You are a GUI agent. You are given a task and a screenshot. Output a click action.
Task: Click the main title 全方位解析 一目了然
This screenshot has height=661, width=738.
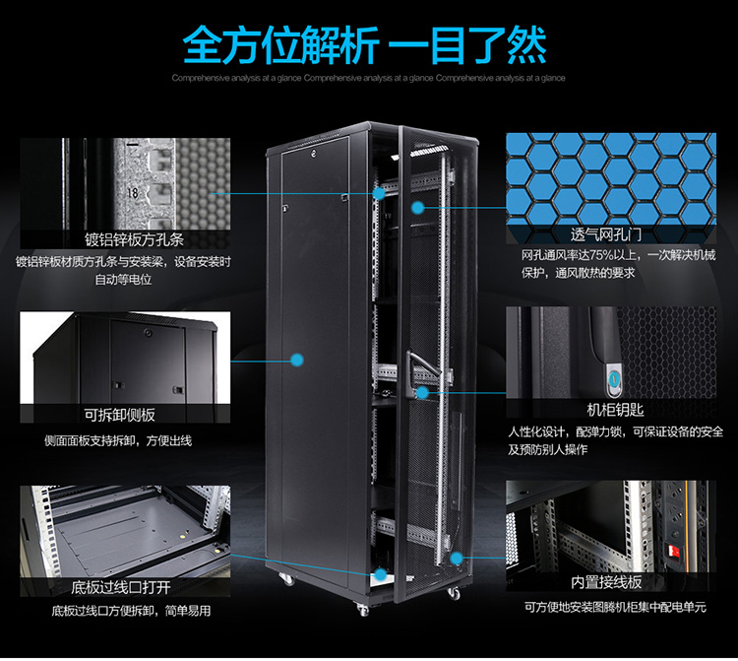(365, 45)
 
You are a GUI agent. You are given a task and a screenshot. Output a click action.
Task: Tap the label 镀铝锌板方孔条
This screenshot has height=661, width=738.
(134, 239)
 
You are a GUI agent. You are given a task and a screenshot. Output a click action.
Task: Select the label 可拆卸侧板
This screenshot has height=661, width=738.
(119, 415)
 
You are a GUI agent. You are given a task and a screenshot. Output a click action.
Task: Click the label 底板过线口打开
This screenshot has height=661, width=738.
(120, 587)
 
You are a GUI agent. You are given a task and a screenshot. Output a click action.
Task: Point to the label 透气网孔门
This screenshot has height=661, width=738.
(606, 234)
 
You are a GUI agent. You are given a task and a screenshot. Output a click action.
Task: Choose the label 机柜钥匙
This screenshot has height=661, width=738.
(615, 410)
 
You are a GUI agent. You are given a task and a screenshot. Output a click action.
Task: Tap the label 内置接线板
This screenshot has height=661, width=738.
(606, 583)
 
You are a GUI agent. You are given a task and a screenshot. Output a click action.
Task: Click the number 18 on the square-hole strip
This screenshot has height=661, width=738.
(132, 193)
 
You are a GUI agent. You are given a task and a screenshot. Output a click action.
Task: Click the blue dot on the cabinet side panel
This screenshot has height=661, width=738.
(296, 361)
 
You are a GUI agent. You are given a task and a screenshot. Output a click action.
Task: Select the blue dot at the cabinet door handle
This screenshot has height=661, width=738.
(422, 392)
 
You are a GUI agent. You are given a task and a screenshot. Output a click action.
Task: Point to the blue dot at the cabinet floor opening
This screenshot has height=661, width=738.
(380, 574)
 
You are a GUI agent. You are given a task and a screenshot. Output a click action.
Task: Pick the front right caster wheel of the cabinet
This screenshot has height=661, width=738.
(454, 593)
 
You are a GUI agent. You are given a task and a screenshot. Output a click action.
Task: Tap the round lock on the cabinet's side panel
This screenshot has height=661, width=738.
(314, 152)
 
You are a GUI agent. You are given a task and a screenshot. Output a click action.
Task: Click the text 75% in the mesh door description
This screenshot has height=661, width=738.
(601, 255)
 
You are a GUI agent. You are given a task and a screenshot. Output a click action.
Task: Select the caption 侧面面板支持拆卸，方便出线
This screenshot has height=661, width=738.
(118, 441)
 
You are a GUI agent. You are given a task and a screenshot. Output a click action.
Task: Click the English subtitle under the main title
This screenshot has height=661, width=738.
(369, 78)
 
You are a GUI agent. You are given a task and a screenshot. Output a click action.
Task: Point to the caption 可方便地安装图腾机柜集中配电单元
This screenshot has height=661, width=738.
(616, 607)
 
